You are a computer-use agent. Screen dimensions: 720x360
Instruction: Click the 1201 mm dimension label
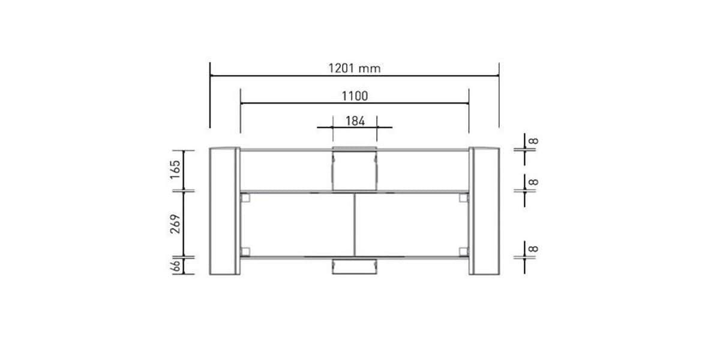[x=354, y=68]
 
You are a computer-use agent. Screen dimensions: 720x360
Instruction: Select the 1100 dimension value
[x=355, y=96]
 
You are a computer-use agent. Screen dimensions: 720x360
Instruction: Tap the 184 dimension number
[x=355, y=121]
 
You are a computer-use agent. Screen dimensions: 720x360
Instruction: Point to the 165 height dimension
[x=175, y=169]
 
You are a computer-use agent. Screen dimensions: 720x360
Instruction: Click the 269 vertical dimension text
[x=175, y=224]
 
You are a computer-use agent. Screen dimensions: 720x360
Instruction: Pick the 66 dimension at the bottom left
[x=176, y=266]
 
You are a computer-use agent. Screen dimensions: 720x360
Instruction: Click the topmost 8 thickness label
[x=533, y=141]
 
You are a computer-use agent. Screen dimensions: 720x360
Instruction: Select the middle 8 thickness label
[x=533, y=182]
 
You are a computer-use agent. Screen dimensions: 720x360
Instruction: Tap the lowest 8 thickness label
[x=533, y=248]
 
